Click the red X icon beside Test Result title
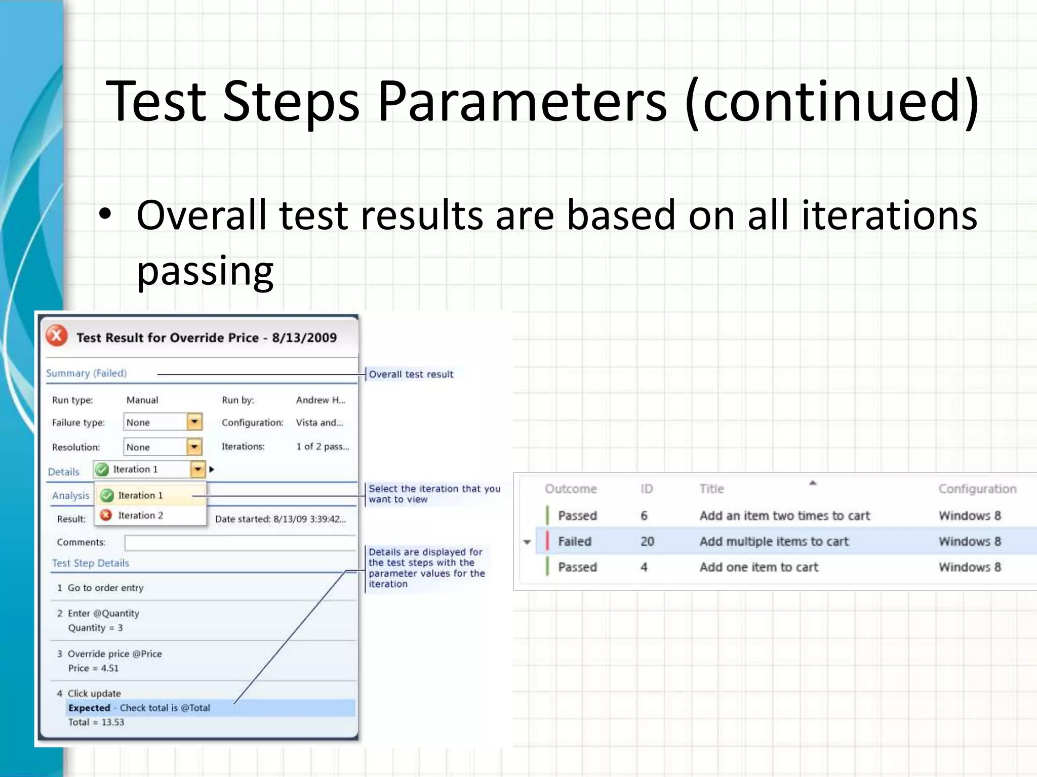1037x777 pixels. coord(57,335)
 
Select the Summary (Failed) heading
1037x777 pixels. coord(86,373)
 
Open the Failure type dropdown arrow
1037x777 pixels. coord(194,422)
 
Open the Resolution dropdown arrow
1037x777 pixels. coord(194,447)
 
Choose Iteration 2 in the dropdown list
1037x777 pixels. coord(140,515)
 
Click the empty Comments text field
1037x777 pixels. coord(240,543)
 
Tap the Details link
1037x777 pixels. coord(63,472)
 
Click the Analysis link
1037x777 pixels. coord(70,496)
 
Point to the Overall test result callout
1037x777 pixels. coord(411,374)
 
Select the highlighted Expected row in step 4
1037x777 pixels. coord(210,708)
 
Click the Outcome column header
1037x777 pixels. coord(571,489)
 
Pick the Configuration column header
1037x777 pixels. coord(977,489)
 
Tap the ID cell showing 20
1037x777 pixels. coord(647,541)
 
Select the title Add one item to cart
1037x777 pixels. coord(759,567)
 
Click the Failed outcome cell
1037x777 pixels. coord(574,541)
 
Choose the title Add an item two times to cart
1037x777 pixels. coord(784,515)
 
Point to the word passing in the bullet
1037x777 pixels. coord(205,271)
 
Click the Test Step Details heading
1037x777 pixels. coord(91,563)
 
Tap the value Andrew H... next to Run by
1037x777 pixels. coord(321,400)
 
